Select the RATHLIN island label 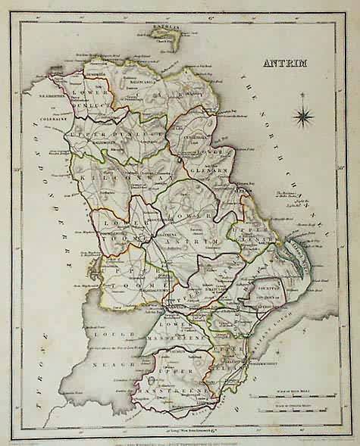pyautogui.click(x=163, y=28)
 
